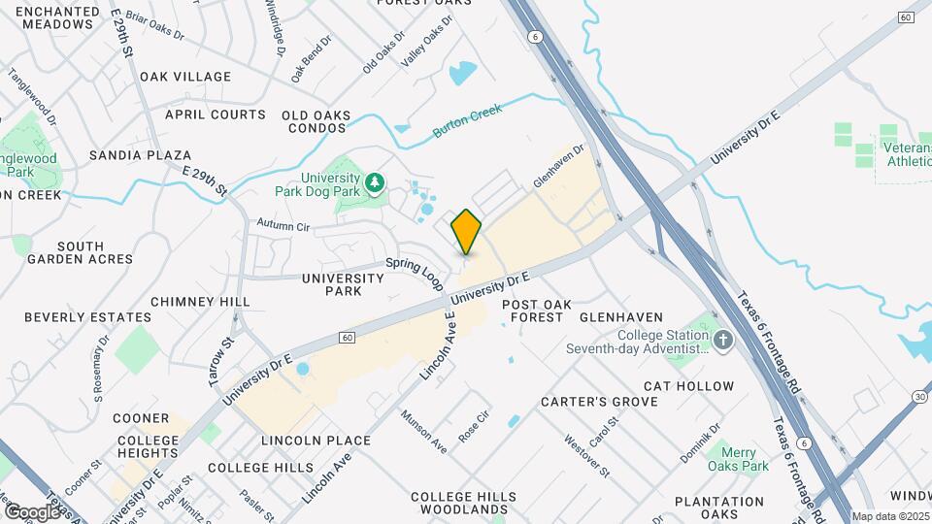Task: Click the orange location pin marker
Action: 466,231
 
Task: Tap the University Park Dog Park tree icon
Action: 374,181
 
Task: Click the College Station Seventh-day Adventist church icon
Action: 722,341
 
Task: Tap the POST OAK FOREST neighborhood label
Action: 533,311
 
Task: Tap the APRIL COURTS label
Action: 215,115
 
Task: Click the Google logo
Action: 32,511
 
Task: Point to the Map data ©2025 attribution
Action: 890,516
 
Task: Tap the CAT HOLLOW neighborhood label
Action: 688,386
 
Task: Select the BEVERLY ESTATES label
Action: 87,317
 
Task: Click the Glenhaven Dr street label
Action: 560,168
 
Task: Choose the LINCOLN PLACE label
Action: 316,441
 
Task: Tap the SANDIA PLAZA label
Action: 140,155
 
